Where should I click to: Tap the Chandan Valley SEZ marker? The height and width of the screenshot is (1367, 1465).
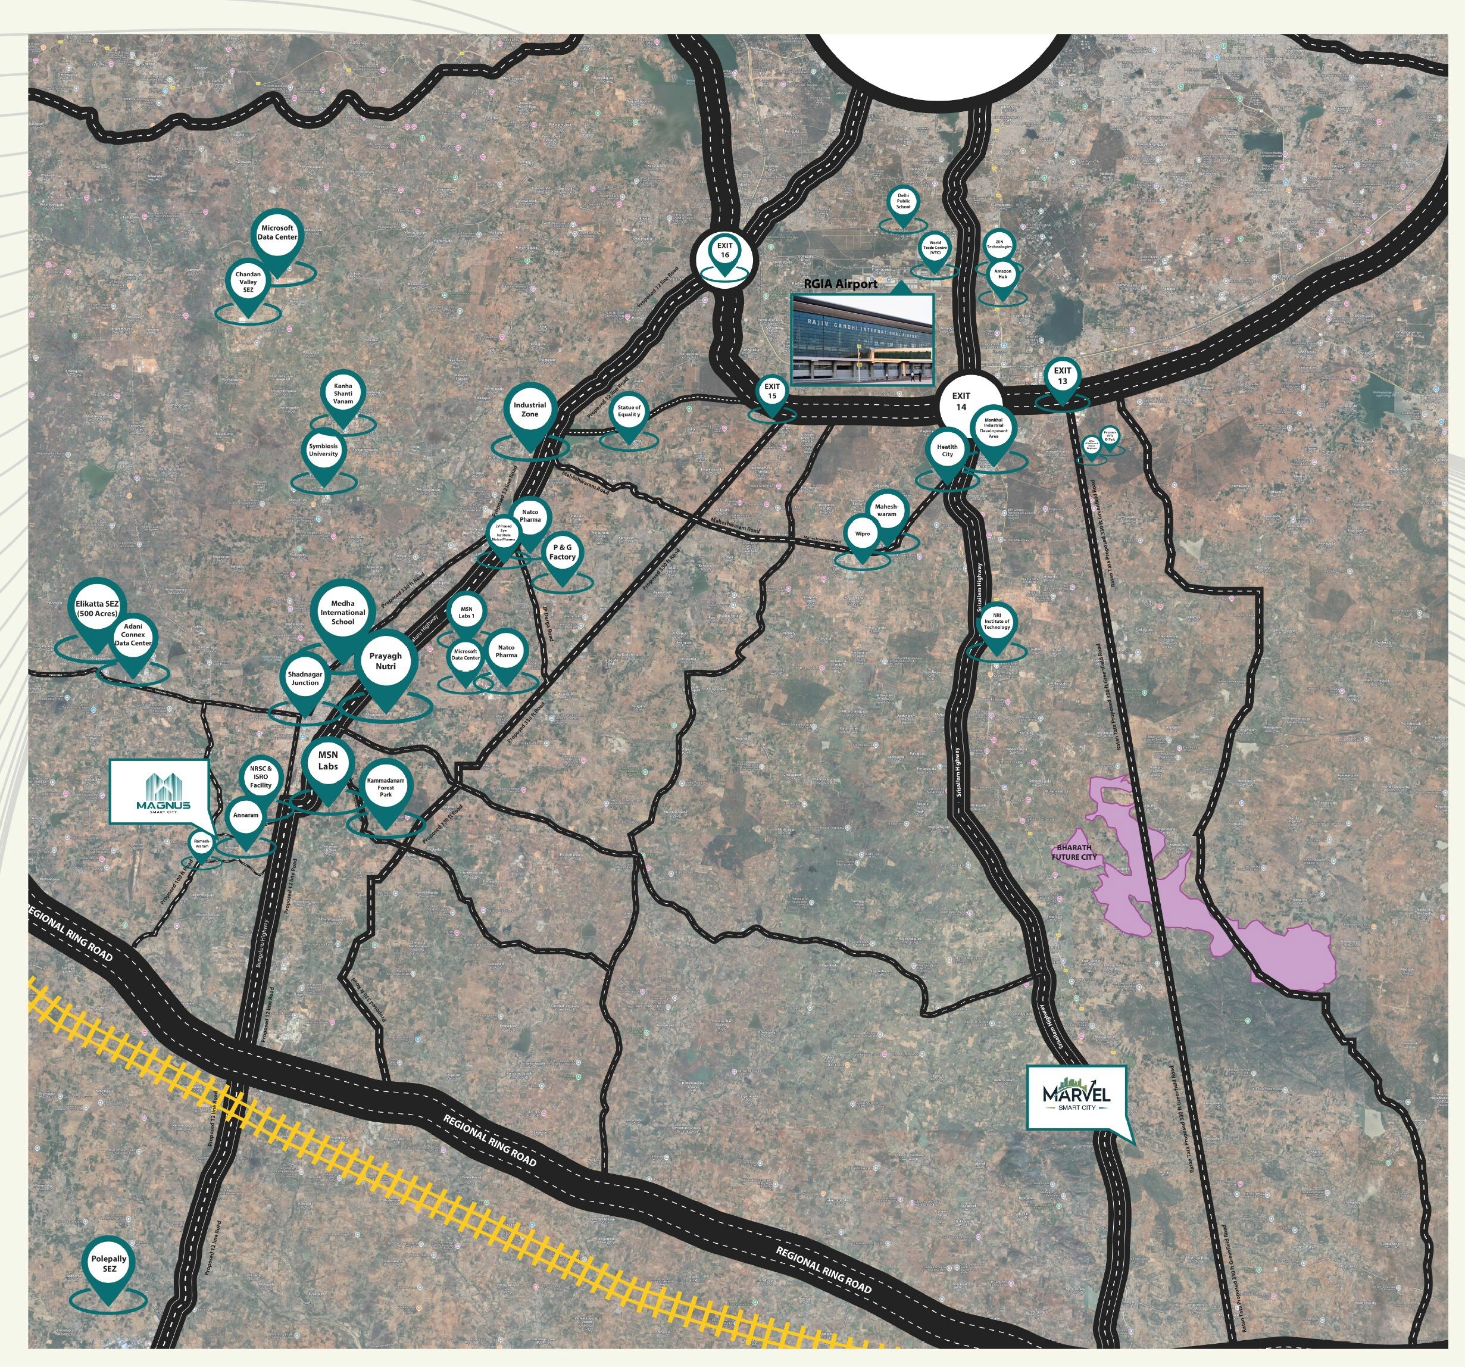coord(248,282)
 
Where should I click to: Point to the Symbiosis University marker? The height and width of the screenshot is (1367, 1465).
coord(323,450)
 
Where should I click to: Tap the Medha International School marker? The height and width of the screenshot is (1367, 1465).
coord(343,613)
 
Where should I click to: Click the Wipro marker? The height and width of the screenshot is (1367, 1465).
coord(862,534)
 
